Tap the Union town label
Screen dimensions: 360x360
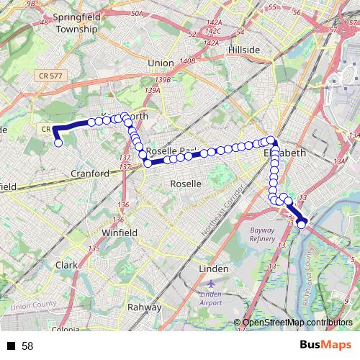pos(161,63)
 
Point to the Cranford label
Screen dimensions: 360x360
pos(90,174)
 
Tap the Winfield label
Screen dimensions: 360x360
pos(119,233)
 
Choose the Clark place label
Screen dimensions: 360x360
pos(66,265)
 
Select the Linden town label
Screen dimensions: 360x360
pos(212,269)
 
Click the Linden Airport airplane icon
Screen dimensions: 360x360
pos(210,283)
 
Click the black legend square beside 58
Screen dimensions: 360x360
pos(11,346)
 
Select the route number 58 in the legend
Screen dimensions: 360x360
pos(27,346)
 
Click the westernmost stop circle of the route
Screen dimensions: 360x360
pos(58,143)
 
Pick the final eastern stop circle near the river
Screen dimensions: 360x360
pos(302,225)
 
